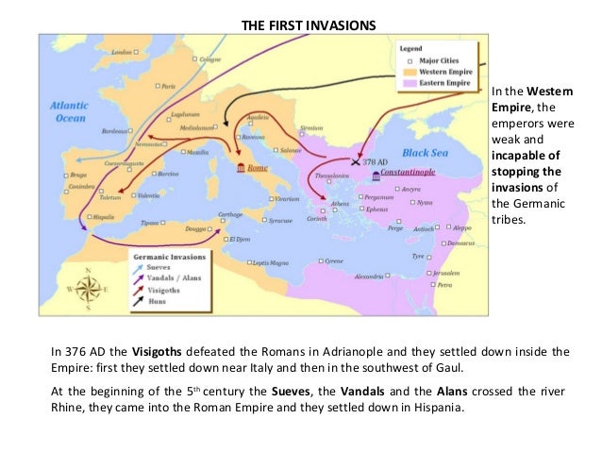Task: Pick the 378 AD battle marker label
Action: (x=375, y=161)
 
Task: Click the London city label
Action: (x=122, y=53)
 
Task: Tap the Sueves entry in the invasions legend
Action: (x=163, y=268)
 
